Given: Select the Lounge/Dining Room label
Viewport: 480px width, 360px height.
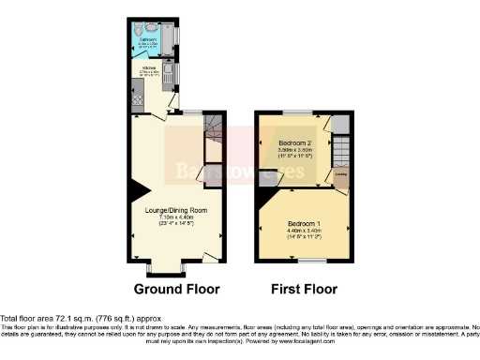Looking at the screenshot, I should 170,210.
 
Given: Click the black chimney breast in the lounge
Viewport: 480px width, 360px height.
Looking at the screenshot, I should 138,190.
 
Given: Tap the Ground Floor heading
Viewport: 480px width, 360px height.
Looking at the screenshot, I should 170,289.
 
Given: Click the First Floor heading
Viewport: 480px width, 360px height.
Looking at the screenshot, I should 304,289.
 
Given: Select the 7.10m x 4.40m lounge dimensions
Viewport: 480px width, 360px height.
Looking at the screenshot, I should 170,217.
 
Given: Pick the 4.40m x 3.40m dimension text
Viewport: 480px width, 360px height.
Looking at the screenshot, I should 304,231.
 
